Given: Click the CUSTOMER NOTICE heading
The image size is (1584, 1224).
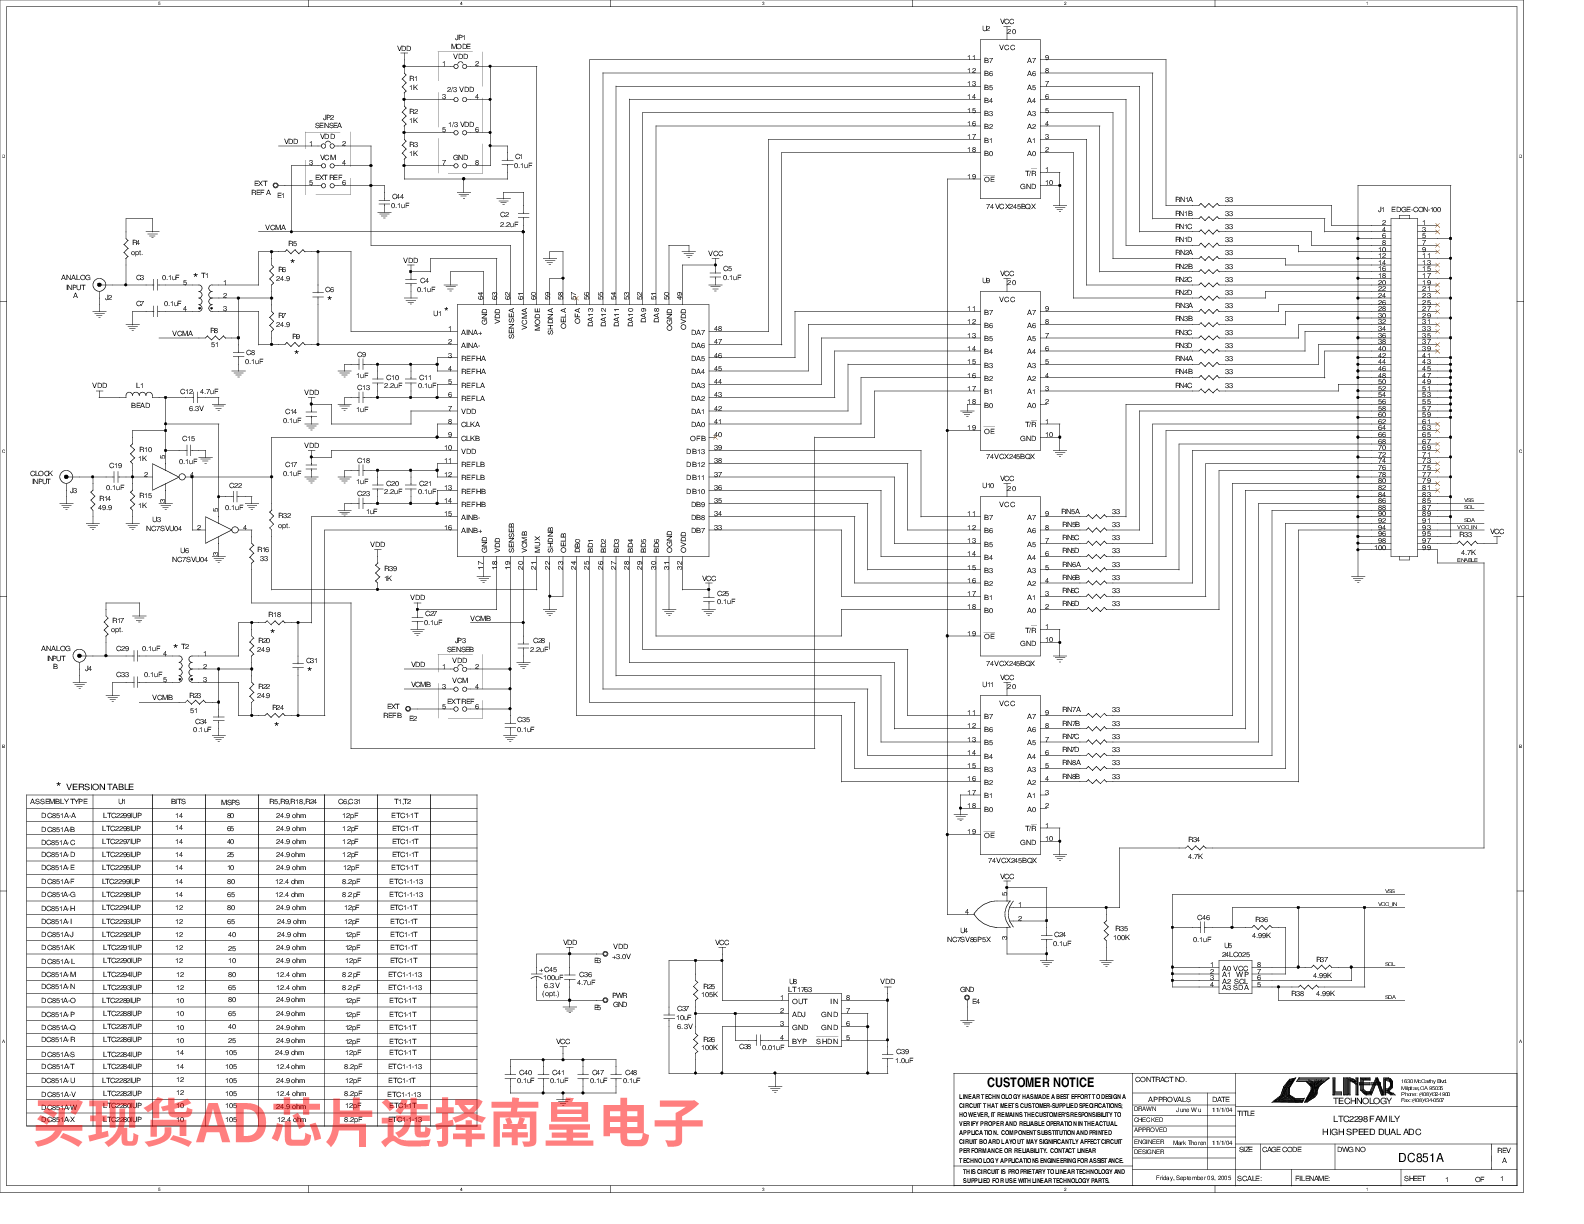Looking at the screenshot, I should tap(1040, 1082).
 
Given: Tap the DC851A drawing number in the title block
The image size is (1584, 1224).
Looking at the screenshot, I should tap(1420, 1158).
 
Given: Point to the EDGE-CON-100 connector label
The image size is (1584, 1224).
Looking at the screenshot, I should tap(1416, 210).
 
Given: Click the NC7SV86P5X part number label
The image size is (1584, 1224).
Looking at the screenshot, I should tap(968, 940).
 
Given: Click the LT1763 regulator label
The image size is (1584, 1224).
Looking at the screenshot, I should tap(800, 990).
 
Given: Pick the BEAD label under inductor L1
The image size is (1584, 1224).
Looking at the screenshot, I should tap(140, 405).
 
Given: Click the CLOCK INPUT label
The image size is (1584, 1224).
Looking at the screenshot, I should tap(41, 477).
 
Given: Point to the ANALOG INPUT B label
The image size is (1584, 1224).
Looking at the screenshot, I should tap(56, 657).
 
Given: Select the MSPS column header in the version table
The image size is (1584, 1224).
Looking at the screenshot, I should tap(230, 802).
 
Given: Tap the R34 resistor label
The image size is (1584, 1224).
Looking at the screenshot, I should tap(1194, 840).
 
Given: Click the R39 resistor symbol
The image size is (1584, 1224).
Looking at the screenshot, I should tap(378, 573).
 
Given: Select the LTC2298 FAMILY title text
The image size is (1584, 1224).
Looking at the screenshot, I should tap(1367, 1119).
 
